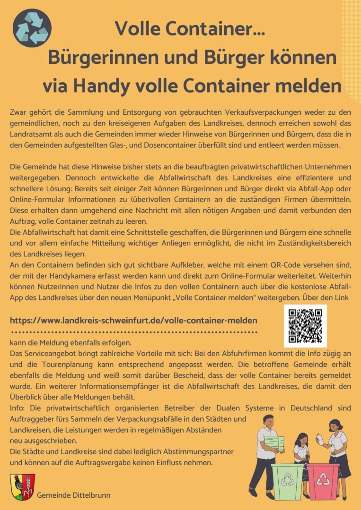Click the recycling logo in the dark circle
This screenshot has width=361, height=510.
pos(32,28)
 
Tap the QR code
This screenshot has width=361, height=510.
pos(305,326)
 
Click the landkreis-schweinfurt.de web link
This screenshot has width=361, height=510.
pos(133,320)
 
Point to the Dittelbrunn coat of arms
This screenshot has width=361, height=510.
pos(22,487)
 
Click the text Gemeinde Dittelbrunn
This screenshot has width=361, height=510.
pos(74,495)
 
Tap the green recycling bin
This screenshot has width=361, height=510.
pos(288,481)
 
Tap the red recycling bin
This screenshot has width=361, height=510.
pos(323,481)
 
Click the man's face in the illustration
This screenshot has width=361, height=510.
pos(268,422)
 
